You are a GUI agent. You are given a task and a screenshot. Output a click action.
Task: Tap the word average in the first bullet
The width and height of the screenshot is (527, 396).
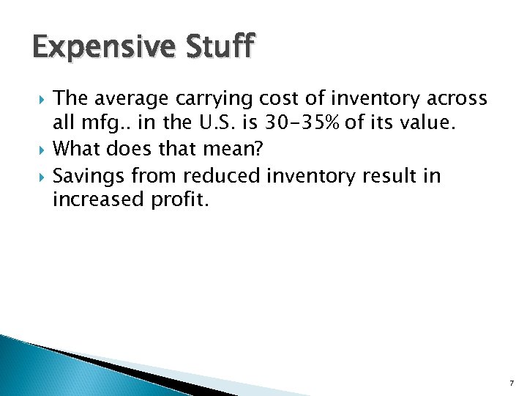[130, 98]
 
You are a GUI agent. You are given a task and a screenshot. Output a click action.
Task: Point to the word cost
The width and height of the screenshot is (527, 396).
[274, 98]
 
